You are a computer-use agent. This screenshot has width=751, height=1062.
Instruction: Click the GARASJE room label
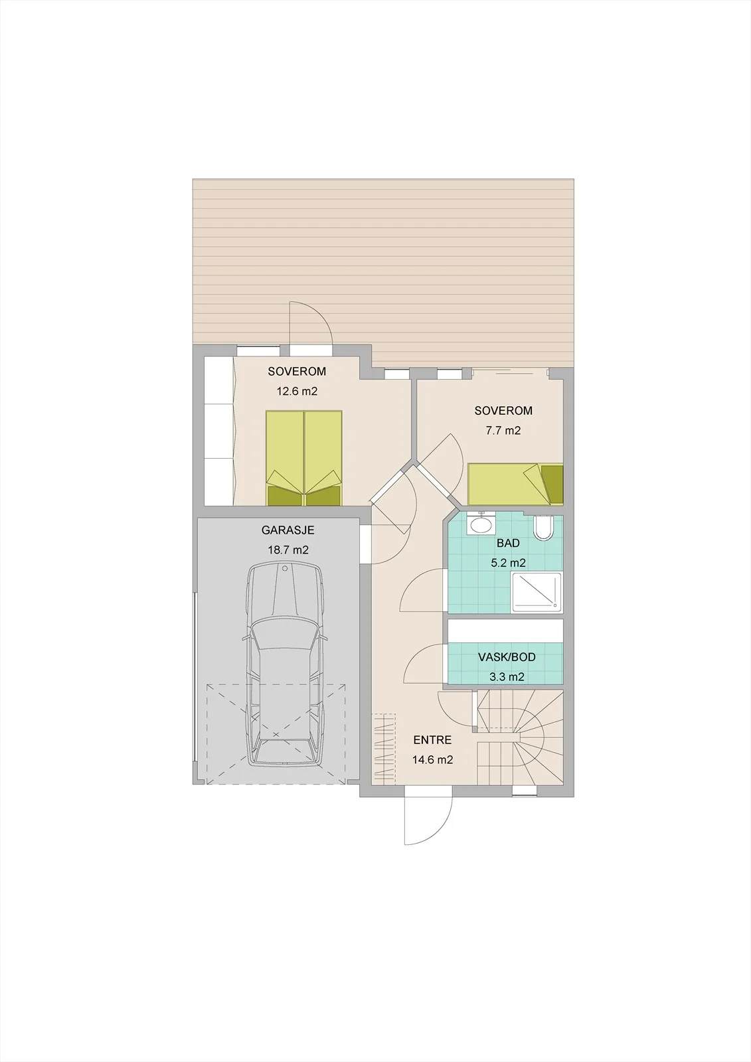coord(288,530)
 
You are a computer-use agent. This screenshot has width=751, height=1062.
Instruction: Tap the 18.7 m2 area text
coord(288,550)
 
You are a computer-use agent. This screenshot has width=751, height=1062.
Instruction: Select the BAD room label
coord(508,543)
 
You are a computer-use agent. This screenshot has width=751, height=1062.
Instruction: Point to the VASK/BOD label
coord(507,657)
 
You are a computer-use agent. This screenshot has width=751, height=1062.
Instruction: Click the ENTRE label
coord(432,740)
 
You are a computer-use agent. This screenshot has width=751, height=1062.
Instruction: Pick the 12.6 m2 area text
coord(297,392)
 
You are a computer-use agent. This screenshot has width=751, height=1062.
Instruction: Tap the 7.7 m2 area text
coord(504,431)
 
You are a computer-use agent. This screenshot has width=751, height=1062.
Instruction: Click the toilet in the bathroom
coord(543,527)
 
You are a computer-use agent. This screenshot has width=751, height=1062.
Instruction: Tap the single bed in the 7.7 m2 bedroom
coord(515,485)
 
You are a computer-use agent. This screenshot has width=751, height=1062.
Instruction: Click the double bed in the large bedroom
coord(304,458)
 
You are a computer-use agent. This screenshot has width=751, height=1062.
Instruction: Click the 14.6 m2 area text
coord(433,759)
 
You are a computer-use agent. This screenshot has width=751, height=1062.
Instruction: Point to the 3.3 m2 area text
coord(507,676)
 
